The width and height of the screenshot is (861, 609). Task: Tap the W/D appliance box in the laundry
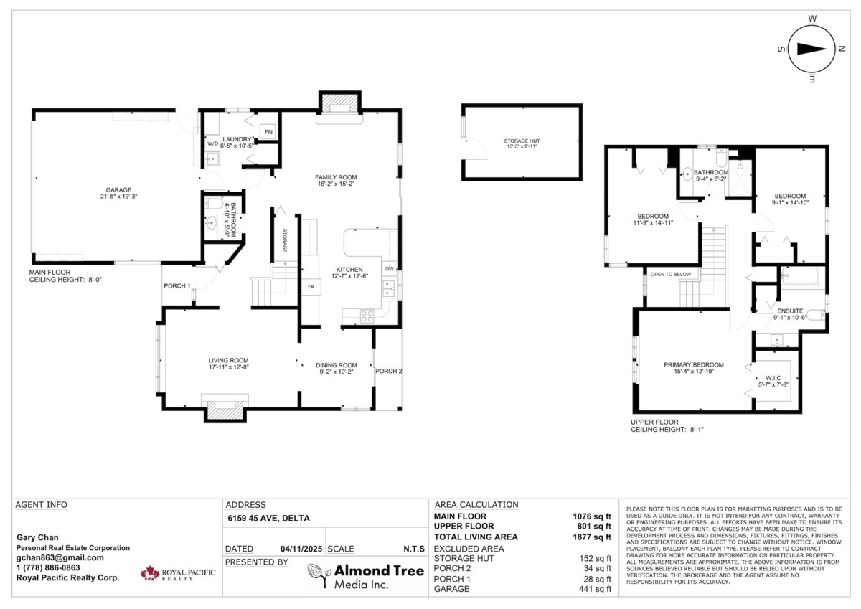point(212,143)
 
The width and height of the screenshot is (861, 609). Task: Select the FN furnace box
point(268,132)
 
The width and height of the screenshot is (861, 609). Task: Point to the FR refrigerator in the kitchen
point(311,286)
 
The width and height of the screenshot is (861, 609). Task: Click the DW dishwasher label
point(390,269)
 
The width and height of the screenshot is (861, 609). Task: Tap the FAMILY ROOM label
point(336,177)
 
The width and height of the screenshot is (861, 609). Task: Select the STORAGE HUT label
point(520,142)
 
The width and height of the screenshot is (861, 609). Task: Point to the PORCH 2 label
point(388,371)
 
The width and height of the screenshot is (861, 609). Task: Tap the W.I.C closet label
point(773,377)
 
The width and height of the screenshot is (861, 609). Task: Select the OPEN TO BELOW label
point(670,274)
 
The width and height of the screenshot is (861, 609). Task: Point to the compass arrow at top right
point(811,49)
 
